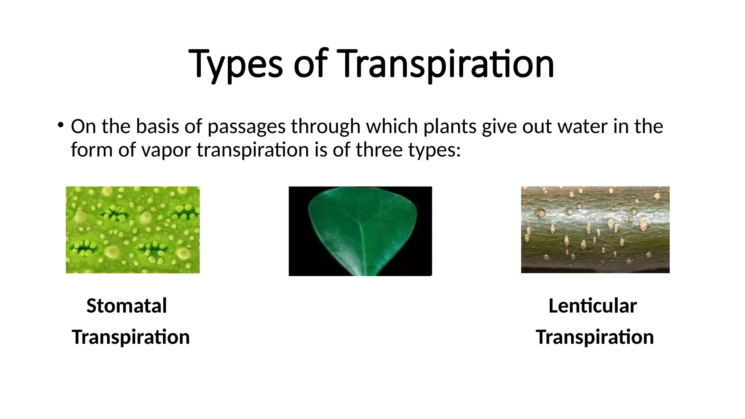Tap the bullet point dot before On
point(60,125)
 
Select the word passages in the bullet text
point(246,127)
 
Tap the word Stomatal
point(127,306)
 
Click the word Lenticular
point(593,306)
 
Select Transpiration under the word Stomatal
point(131,337)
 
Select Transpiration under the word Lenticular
point(595,337)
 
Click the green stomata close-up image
point(132,230)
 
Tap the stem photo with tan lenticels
point(595,230)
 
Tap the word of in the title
point(310,65)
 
